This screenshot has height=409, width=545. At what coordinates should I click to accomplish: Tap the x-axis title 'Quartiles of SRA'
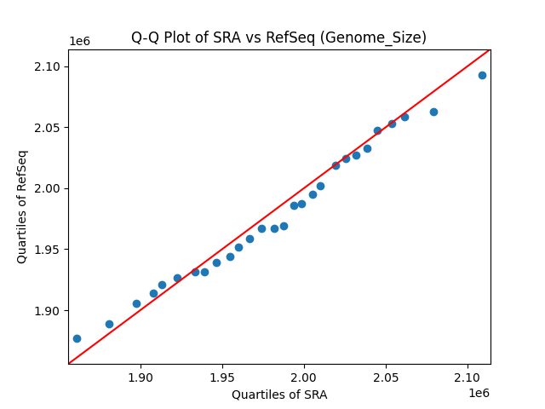pyautogui.click(x=279, y=395)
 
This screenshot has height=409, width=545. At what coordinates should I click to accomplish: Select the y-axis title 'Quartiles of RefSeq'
pyautogui.click(x=23, y=206)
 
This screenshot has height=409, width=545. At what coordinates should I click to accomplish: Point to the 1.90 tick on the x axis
pyautogui.click(x=141, y=376)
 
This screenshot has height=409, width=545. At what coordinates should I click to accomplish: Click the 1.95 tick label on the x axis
pyautogui.click(x=222, y=376)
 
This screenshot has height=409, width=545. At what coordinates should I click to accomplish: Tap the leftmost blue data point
pyautogui.click(x=77, y=338)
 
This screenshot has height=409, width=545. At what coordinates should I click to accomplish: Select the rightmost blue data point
pyautogui.click(x=482, y=75)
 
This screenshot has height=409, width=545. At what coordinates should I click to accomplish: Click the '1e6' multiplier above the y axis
pyautogui.click(x=80, y=42)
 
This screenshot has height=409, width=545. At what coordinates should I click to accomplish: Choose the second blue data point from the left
pyautogui.click(x=109, y=324)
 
